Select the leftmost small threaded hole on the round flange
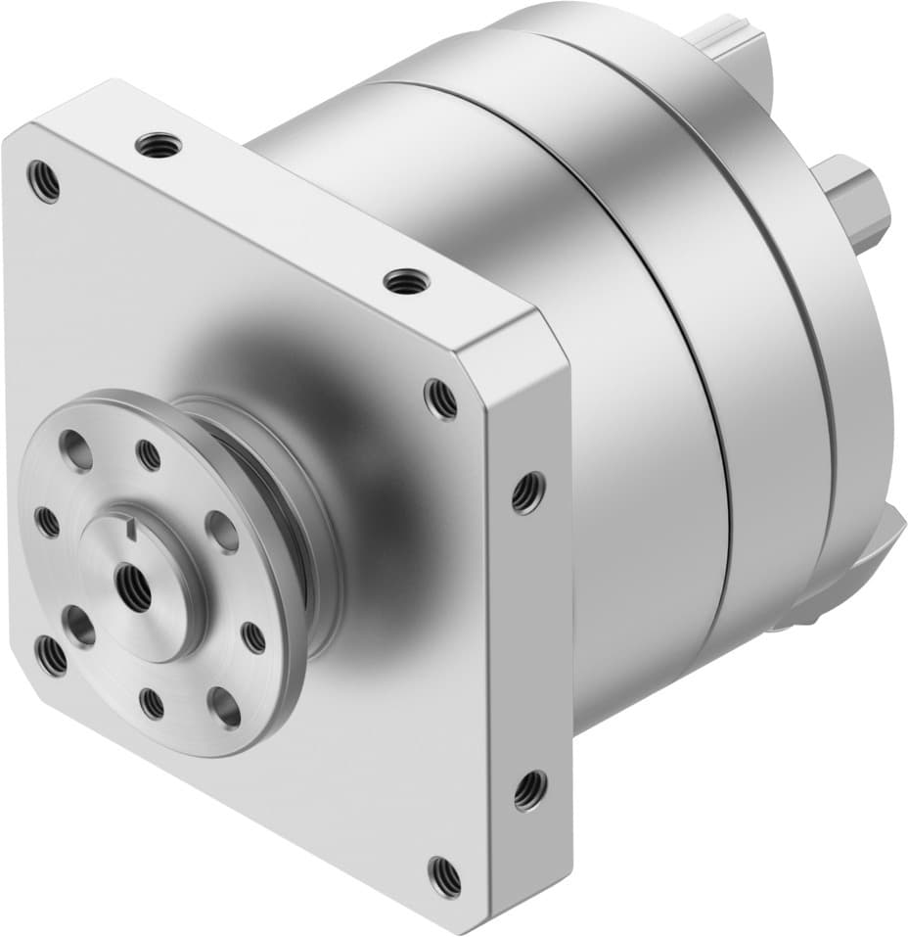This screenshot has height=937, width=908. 46,522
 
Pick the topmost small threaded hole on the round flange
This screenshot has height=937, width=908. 149,454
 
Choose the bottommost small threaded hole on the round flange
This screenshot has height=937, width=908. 152,702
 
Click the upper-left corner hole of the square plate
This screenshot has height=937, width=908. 44,181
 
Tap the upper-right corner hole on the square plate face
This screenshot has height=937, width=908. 440,398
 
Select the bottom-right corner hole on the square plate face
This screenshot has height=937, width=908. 444,874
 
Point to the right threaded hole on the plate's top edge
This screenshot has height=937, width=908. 402,281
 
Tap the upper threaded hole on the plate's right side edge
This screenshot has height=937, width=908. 527,492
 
